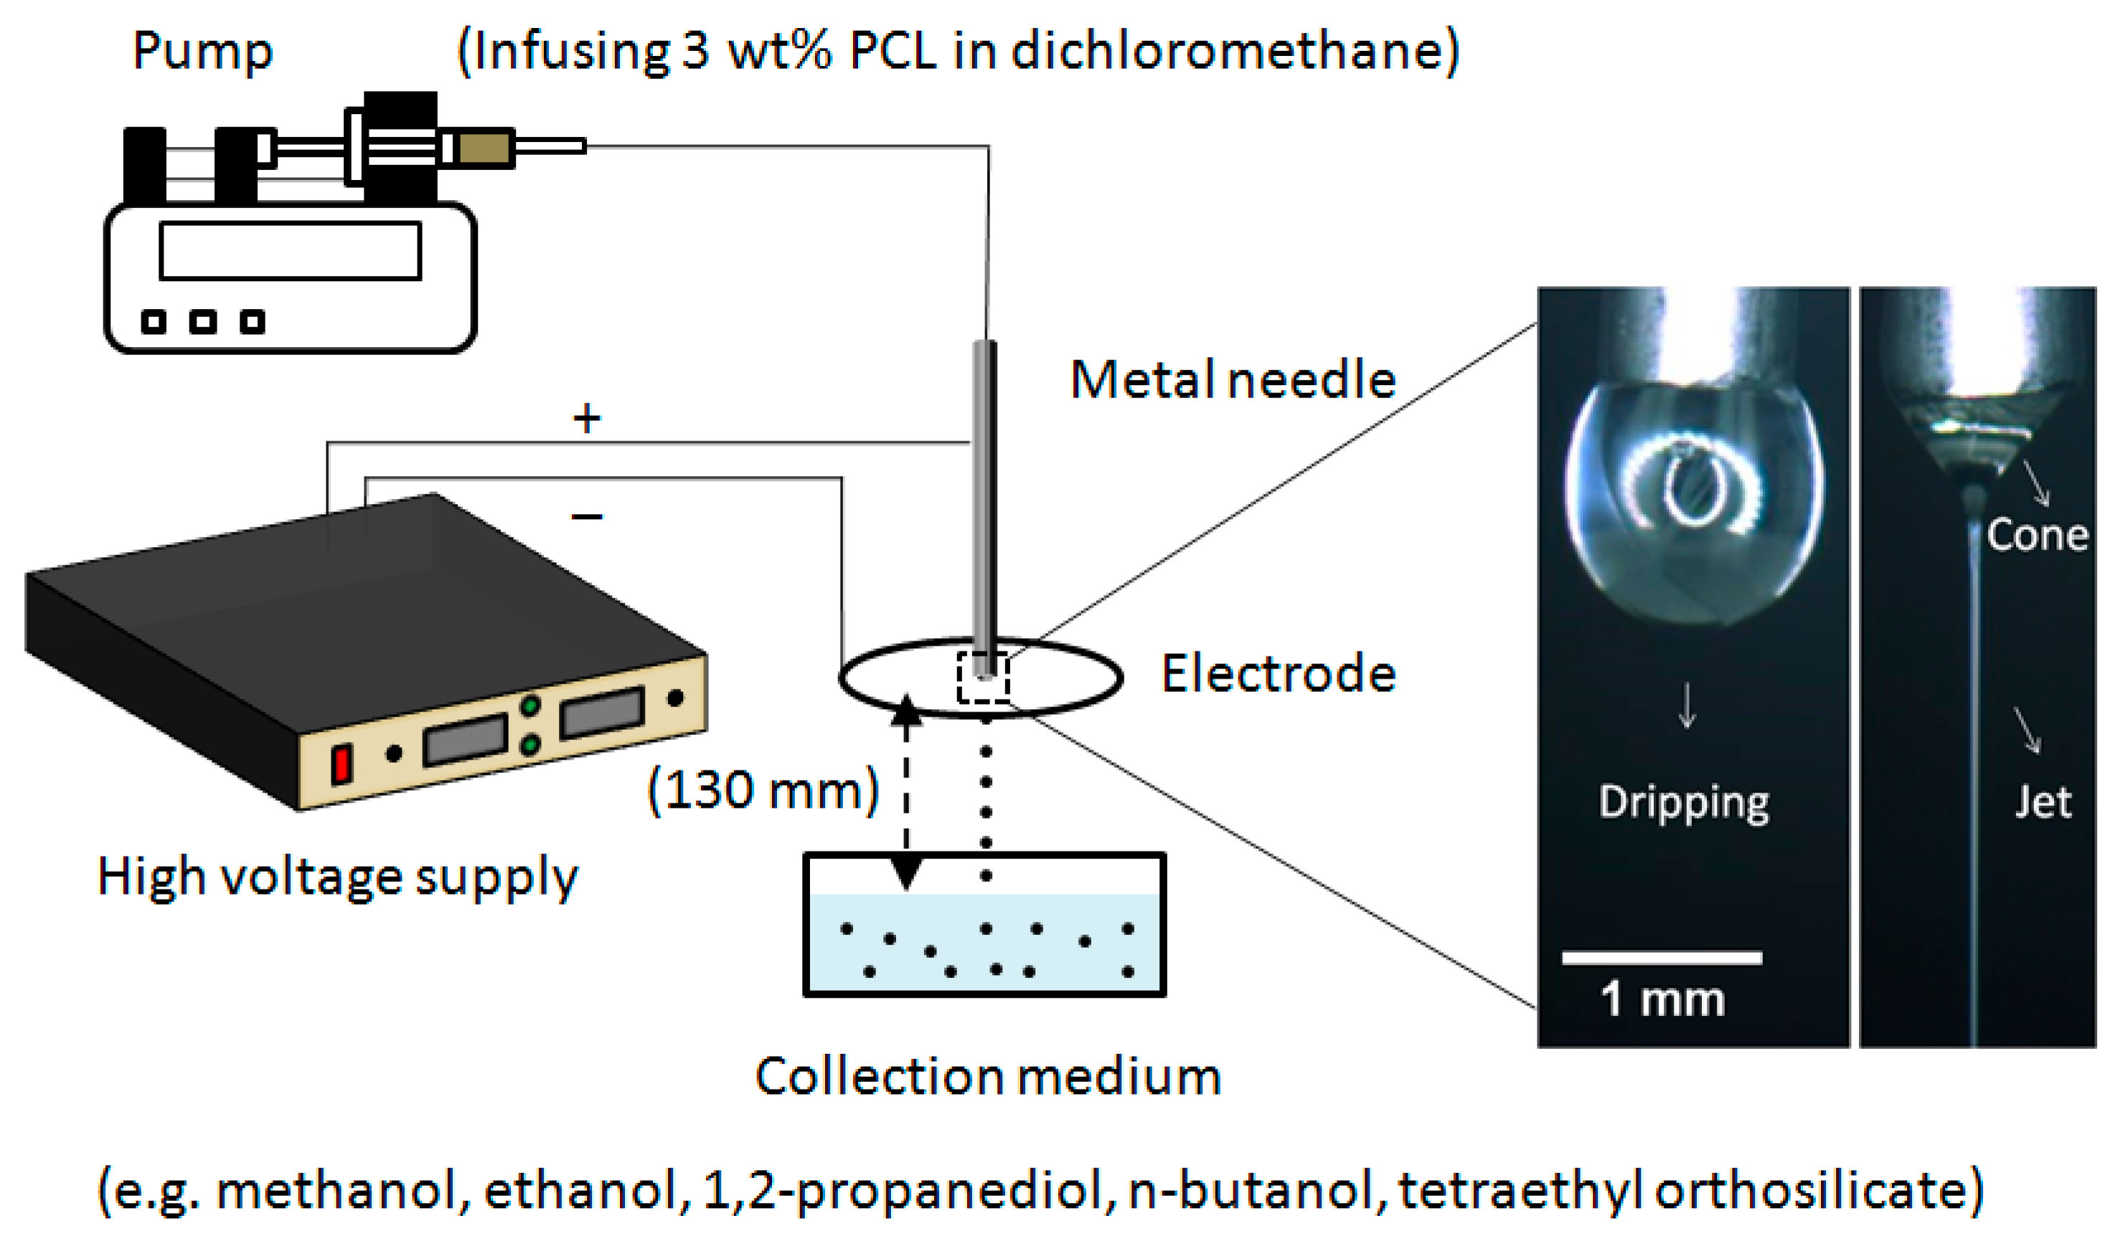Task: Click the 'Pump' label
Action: tap(202, 52)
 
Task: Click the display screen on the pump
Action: tap(290, 251)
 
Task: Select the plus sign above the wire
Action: tap(586, 419)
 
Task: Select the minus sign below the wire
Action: tap(586, 516)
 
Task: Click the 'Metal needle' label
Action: tap(1232, 380)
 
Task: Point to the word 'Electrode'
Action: tap(1278, 674)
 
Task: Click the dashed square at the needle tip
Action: tap(982, 677)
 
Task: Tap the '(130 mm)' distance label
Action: tap(763, 791)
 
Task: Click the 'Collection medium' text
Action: tap(987, 1077)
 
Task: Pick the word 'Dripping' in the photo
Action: tap(1683, 802)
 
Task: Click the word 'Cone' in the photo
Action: tap(2036, 535)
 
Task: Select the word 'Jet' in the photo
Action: tap(2042, 802)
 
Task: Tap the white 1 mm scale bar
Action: tap(1662, 958)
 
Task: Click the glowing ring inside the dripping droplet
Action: tap(1693, 489)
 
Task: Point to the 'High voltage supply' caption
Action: tap(337, 878)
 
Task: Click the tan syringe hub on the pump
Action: tap(484, 148)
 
